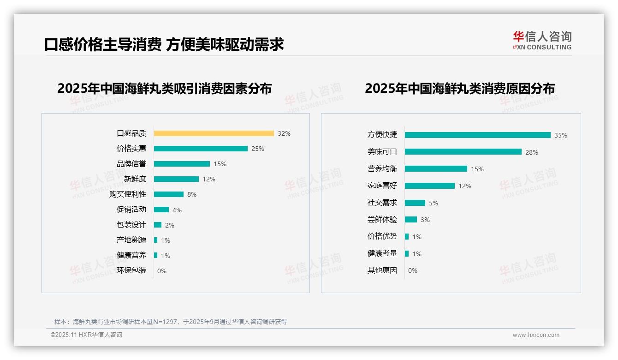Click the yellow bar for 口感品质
tap(214, 133)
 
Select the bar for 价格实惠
tap(201, 149)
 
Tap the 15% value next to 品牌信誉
tap(220, 164)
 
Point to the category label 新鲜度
tap(135, 179)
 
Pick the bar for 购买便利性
tap(169, 194)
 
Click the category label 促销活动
tap(131, 210)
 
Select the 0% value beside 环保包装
tap(162, 271)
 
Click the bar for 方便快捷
tap(477, 135)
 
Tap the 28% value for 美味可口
tap(532, 152)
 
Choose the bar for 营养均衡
tap(436, 169)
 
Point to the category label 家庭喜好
tap(382, 186)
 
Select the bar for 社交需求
tap(415, 203)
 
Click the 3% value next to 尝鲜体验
tap(425, 220)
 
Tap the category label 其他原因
tap(382, 270)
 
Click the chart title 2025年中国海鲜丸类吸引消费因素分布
tap(164, 89)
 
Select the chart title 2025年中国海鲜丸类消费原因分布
tap(459, 89)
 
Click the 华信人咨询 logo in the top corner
tap(542, 41)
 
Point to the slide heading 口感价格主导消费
tap(102, 44)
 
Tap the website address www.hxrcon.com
tap(536, 335)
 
